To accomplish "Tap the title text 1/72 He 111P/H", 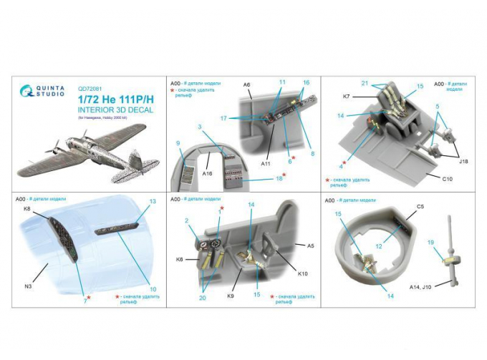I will (109, 100).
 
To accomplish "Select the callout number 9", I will (176, 144).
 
